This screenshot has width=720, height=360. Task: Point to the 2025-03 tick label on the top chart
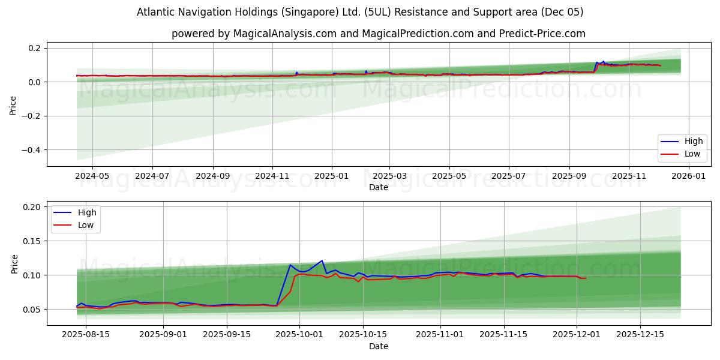pyautogui.click(x=389, y=176)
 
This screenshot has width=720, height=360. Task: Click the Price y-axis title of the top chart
pyautogui.click(x=13, y=105)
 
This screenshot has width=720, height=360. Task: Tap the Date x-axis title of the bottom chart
pyautogui.click(x=378, y=347)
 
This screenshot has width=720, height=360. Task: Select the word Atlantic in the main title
pyautogui.click(x=155, y=12)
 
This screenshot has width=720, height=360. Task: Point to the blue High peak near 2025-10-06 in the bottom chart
pyautogui.click(x=322, y=260)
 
